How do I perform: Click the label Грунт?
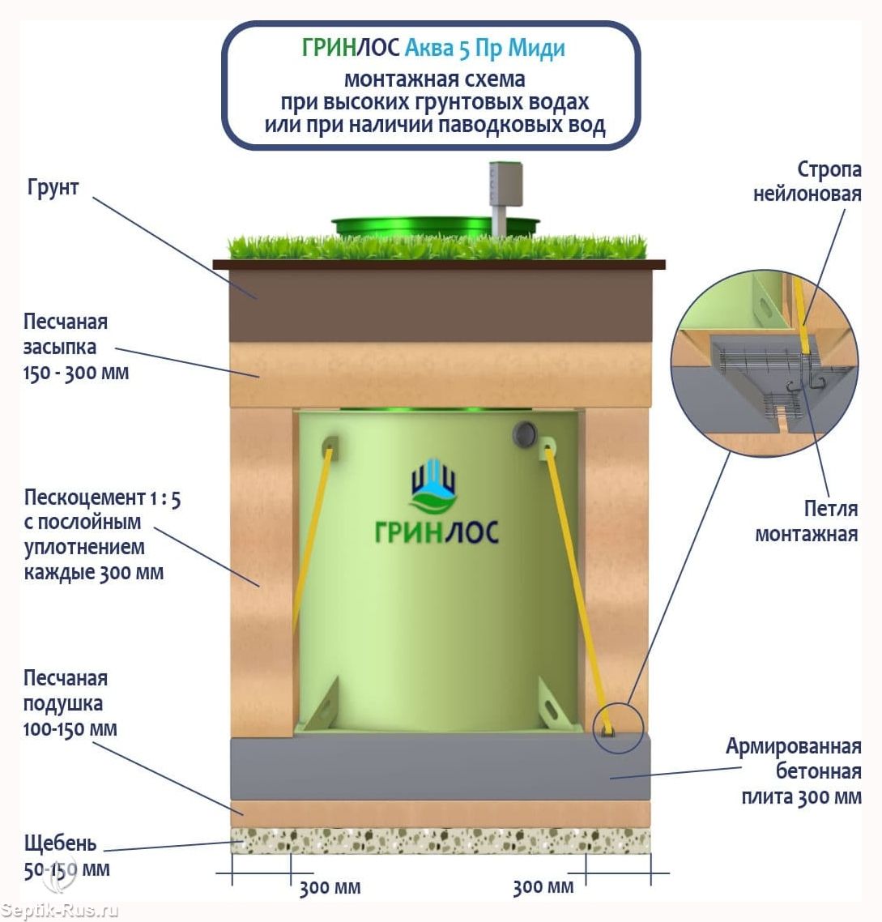[53, 187]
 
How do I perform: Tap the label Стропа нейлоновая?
[807, 181]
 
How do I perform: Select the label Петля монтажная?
[807, 521]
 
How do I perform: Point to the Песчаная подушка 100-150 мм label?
[70, 703]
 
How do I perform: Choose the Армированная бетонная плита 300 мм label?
[793, 771]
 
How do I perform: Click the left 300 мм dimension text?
[330, 888]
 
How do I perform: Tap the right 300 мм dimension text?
[543, 887]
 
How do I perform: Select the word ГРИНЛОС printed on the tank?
[437, 531]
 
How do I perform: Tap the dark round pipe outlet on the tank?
[524, 434]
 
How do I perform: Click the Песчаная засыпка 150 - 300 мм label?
[75, 347]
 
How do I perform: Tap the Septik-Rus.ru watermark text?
[60, 911]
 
